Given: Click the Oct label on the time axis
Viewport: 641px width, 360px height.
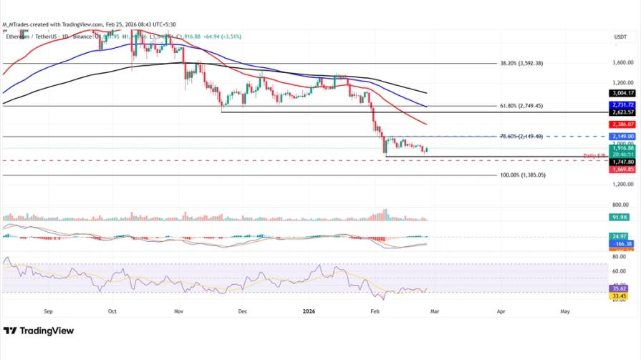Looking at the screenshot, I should click(x=112, y=312).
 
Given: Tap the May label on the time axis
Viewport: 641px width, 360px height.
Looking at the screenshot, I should click(x=565, y=312).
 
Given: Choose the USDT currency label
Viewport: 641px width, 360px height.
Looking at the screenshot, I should click(x=620, y=36).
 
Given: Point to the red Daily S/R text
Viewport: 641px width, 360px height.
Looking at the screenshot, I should click(x=595, y=155).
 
